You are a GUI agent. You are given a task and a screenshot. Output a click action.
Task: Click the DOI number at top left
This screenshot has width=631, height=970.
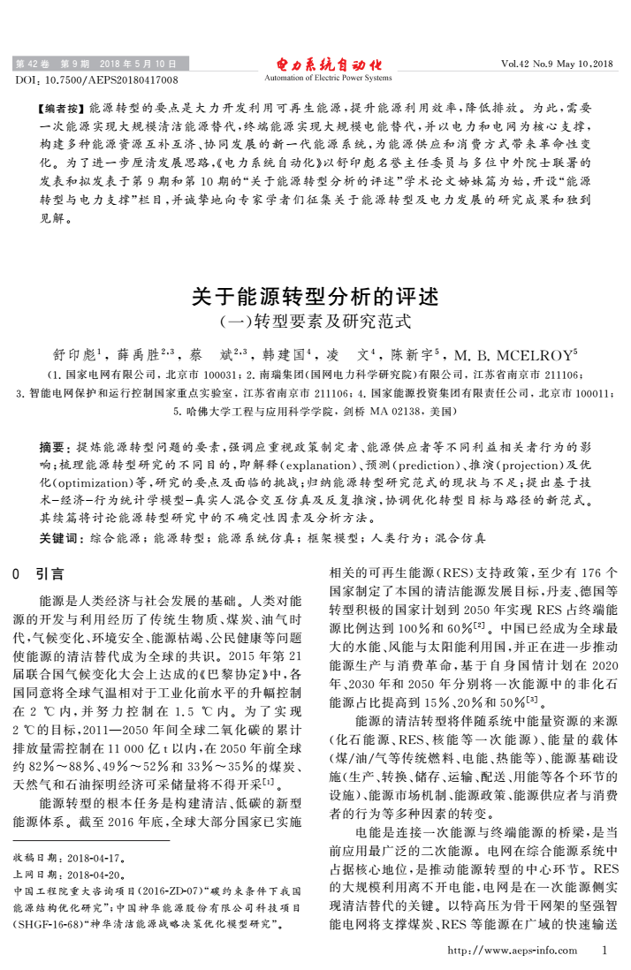[96, 80]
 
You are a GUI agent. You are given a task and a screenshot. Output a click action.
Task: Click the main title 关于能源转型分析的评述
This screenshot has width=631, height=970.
[315, 295]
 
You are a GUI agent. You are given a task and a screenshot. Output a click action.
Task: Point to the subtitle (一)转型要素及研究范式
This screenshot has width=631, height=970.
[315, 321]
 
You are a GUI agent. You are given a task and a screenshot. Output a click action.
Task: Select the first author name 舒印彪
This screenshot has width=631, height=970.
[77, 356]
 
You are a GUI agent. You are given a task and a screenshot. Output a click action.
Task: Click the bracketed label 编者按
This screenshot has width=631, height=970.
[65, 107]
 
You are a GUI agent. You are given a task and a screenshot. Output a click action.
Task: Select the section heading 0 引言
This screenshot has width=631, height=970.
[43, 573]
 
